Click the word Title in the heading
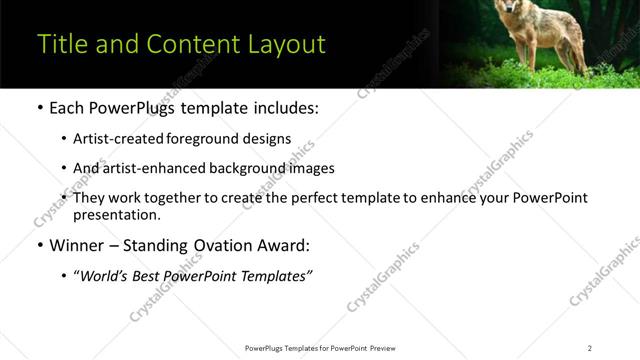(x=59, y=45)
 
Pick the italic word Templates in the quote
(x=276, y=276)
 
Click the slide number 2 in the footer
(x=590, y=348)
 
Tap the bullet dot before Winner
(x=39, y=245)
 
